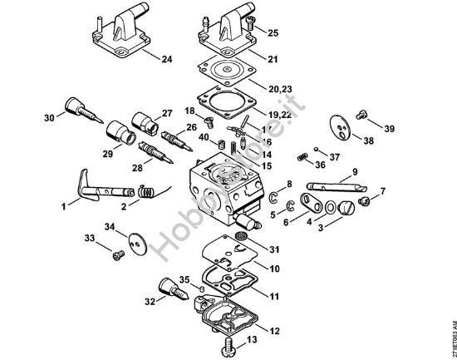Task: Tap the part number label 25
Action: (273, 32)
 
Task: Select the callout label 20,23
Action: (280, 88)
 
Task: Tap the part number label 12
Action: (275, 330)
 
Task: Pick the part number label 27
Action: (166, 113)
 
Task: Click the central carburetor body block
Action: (219, 188)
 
